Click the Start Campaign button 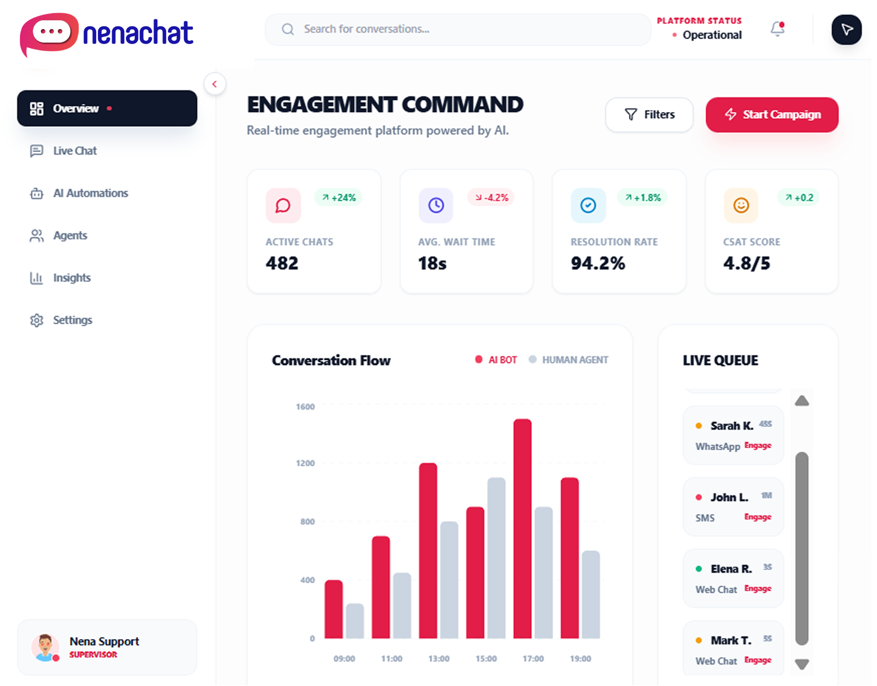(x=772, y=115)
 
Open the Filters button (x=649, y=115)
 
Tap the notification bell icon (x=777, y=29)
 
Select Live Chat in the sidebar (x=75, y=151)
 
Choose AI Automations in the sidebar (x=90, y=193)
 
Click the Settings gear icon (x=37, y=320)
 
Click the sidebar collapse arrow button (x=215, y=84)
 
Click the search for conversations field (x=456, y=29)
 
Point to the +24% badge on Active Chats (x=339, y=198)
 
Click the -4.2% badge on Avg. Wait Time (x=491, y=198)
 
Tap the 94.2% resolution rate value (x=597, y=263)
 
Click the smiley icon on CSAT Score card (x=741, y=205)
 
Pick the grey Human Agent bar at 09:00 (x=355, y=621)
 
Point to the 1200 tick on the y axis (x=305, y=463)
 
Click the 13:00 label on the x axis (x=438, y=659)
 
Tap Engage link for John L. (x=758, y=517)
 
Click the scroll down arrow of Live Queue (x=802, y=664)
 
